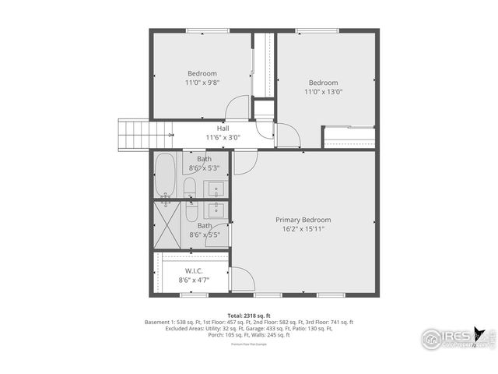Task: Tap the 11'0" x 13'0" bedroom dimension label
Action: (x=323, y=92)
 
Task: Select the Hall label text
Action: (x=223, y=129)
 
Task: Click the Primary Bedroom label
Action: (x=303, y=220)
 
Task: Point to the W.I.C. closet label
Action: (x=194, y=270)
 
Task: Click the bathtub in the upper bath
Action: (x=165, y=175)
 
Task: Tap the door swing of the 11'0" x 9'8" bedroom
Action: (x=238, y=108)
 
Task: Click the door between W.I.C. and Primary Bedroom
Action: (x=240, y=278)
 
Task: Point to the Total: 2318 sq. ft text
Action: (x=248, y=315)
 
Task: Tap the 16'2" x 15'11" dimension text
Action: (x=303, y=229)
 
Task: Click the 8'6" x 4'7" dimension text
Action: (x=194, y=279)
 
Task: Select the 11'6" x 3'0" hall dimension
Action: (x=223, y=138)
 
